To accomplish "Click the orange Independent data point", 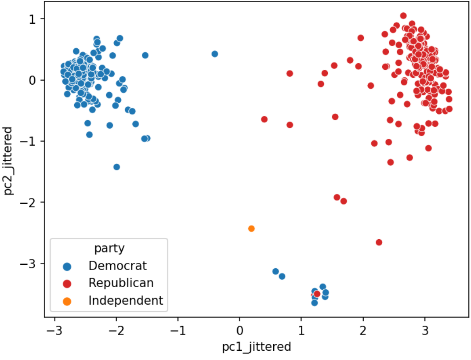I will pos(251,228).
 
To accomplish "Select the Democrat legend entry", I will pos(117,266).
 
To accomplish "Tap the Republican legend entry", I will pos(121,283).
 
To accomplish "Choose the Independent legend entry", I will pos(125,301).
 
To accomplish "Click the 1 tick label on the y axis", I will pos(34,19).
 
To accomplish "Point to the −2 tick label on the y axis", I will pos(31,202).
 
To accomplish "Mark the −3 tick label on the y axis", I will pos(31,264).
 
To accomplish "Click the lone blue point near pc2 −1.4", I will pos(116,167).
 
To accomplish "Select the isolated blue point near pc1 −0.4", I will pos(215,54).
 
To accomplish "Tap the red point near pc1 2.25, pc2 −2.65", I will pos(379,242).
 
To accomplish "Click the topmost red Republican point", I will pos(403,16).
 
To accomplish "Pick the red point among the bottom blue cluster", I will pos(317,294).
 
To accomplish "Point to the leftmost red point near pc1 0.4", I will pos(264,119).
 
